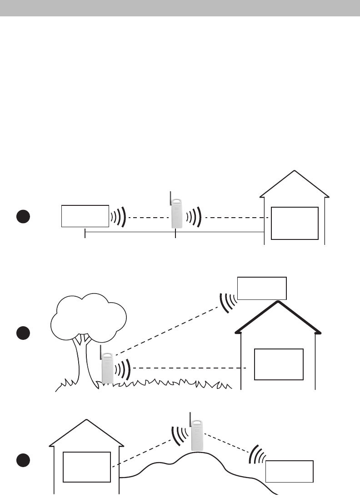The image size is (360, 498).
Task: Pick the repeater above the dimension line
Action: point(176,214)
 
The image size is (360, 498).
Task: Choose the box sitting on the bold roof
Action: point(262,288)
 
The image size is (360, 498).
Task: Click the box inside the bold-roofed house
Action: point(279,364)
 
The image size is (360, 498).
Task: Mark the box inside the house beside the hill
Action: point(86,467)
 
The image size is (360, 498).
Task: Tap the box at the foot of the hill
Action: point(290,471)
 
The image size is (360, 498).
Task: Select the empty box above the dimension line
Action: point(85,216)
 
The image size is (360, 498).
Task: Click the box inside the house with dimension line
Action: point(295,223)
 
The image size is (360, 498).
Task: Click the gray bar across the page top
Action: point(180,8)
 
